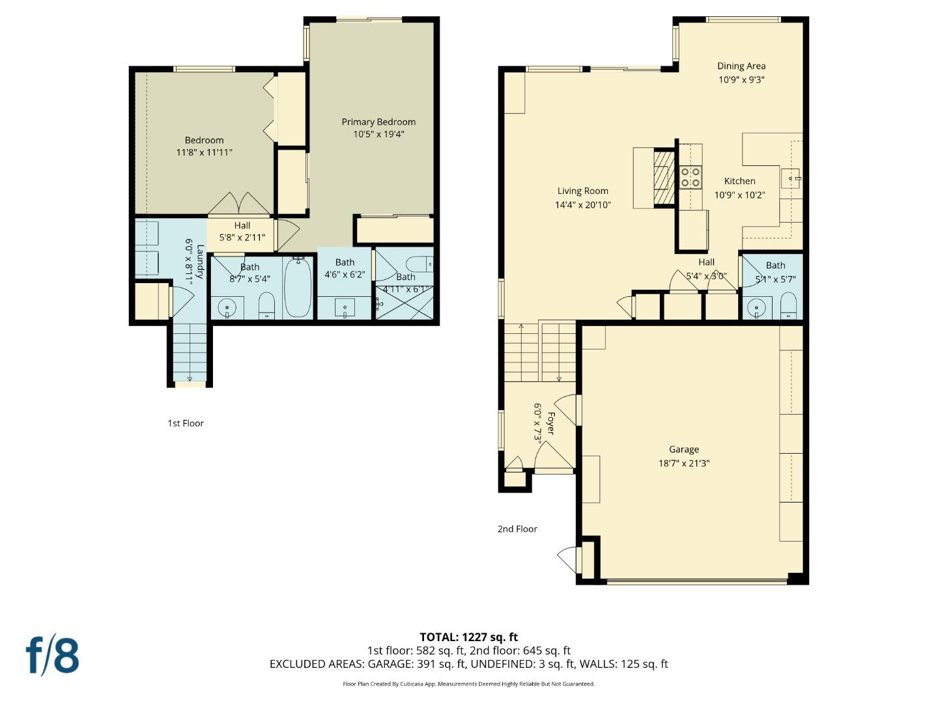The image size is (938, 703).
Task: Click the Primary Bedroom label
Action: point(378,122)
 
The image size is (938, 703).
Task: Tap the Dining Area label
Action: point(741,66)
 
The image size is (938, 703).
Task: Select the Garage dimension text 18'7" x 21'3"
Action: point(683,463)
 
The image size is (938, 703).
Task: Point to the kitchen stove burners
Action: point(690,178)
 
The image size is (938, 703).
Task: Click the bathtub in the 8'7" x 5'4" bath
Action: point(298,288)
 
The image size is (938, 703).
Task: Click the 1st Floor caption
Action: point(186,423)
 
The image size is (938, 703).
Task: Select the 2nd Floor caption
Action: point(517,529)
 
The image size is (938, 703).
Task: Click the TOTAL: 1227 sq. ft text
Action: point(468,637)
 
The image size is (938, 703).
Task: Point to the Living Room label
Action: point(582,191)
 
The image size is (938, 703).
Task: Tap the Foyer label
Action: point(551,423)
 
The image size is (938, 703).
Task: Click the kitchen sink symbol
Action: point(791,177)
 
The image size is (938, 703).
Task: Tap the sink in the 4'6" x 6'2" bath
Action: point(345,307)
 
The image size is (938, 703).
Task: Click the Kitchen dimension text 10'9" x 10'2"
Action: point(739,195)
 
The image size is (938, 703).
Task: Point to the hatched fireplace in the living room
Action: point(663,178)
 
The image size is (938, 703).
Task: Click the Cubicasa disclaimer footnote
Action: point(468,683)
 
